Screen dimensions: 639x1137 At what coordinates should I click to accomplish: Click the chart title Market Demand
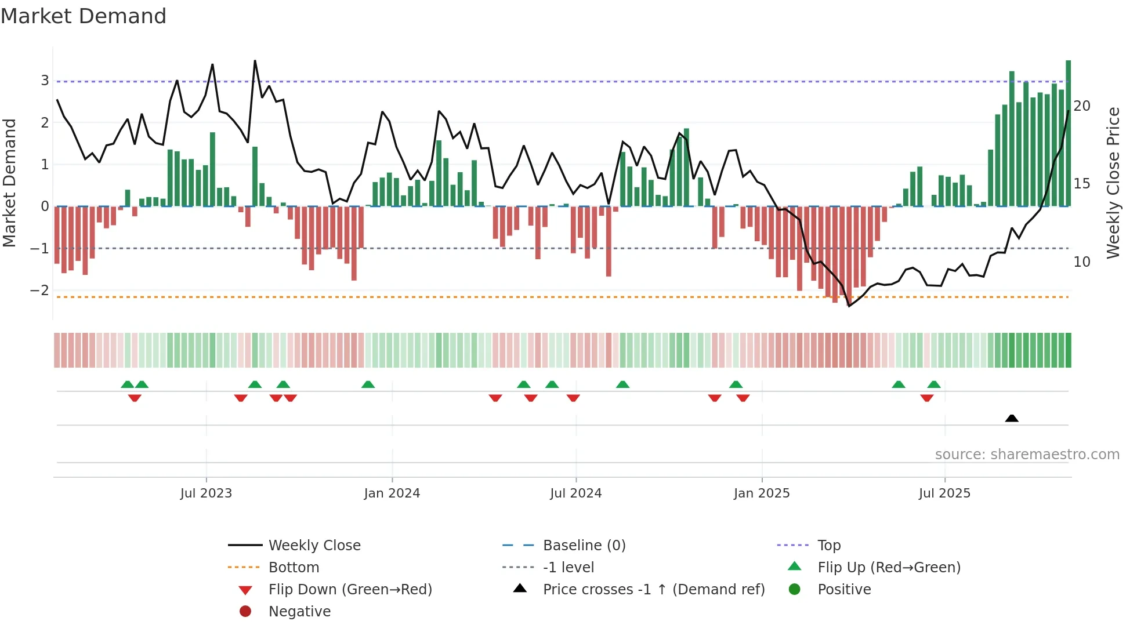(84, 16)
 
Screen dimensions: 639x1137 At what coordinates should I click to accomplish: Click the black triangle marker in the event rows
(1012, 418)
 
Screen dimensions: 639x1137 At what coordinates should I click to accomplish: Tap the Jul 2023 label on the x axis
(206, 493)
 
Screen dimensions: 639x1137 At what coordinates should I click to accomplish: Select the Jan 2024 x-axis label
(392, 493)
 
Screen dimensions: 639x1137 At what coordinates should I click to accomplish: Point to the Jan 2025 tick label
(761, 493)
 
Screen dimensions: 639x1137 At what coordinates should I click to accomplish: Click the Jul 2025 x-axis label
(944, 493)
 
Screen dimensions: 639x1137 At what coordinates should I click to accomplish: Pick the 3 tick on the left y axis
(45, 81)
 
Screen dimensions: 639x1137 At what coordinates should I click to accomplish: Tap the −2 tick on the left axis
(40, 290)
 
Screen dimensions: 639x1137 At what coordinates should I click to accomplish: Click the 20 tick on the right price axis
(1081, 106)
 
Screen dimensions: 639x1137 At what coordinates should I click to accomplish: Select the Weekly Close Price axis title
(1113, 183)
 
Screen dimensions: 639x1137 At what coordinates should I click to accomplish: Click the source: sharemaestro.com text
(1027, 454)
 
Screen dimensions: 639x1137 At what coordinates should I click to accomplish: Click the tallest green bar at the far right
(1068, 133)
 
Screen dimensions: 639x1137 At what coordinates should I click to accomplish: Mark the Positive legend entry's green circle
(795, 589)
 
